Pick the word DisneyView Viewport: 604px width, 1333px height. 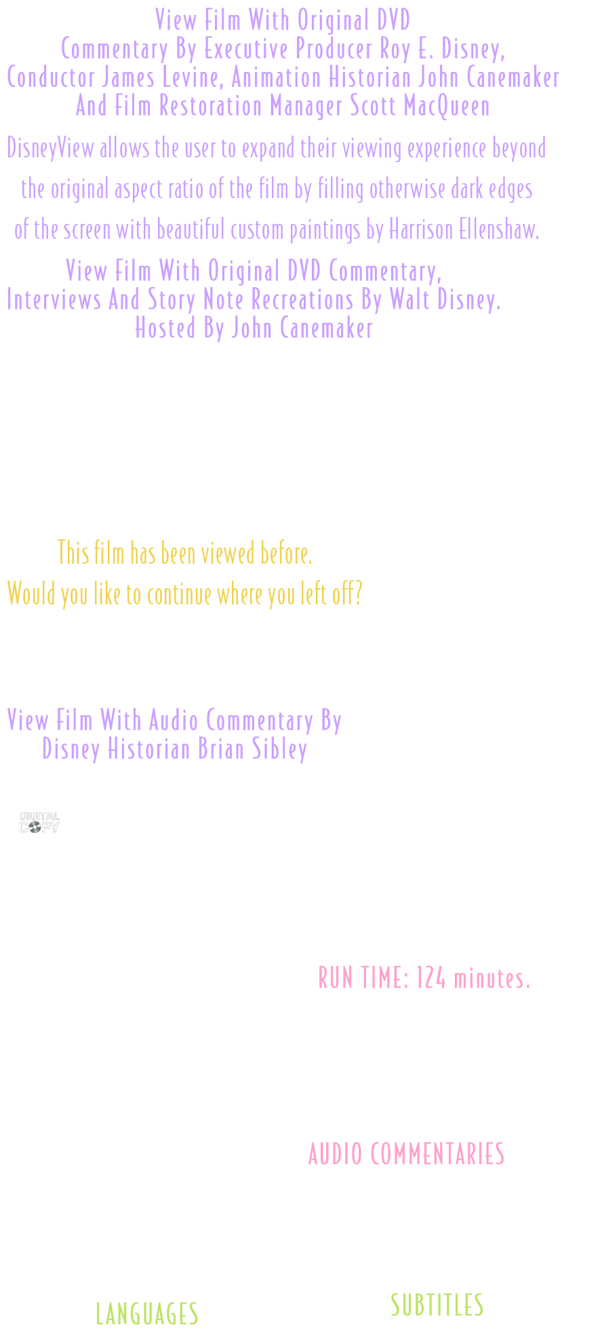[x=51, y=148]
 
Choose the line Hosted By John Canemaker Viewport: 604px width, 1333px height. [x=254, y=328]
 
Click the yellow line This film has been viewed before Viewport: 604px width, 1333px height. [x=185, y=553]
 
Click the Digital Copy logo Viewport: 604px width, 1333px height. [x=39, y=822]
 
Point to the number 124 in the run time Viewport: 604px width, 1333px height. [x=431, y=978]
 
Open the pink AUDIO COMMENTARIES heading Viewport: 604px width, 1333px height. [x=406, y=1153]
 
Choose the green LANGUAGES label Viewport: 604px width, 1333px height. [x=146, y=1313]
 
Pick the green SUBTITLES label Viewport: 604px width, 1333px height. [x=437, y=1305]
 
